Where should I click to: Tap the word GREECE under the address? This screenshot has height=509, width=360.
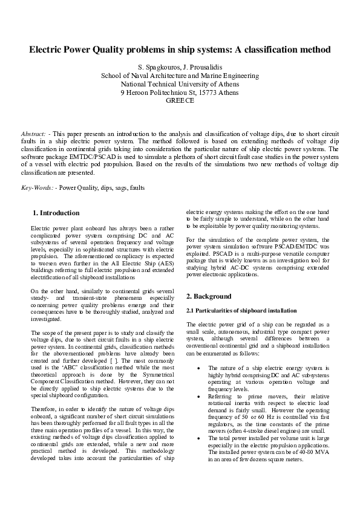(x=180, y=101)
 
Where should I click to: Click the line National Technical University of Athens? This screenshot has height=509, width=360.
(x=180, y=84)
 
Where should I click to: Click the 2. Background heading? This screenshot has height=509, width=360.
(x=209, y=296)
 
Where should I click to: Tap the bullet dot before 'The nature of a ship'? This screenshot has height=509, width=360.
(x=199, y=368)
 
